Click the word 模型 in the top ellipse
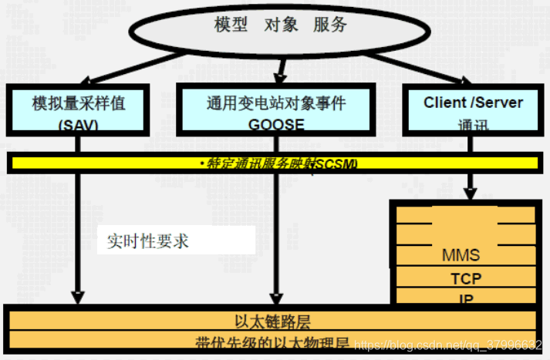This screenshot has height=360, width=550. [231, 25]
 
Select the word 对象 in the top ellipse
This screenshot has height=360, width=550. [280, 25]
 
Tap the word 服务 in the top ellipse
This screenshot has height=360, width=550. [329, 25]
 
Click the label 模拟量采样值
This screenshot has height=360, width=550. [78, 103]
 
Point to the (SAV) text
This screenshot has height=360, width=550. [78, 123]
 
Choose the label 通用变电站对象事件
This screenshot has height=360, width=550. [276, 103]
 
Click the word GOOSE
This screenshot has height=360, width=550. [276, 123]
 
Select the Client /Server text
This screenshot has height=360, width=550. [473, 103]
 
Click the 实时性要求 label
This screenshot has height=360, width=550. [148, 241]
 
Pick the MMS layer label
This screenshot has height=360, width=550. [461, 255]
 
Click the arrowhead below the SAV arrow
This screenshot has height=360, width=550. [77, 296]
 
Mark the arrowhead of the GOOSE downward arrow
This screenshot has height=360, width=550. [275, 296]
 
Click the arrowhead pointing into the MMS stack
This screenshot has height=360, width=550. [470, 194]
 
